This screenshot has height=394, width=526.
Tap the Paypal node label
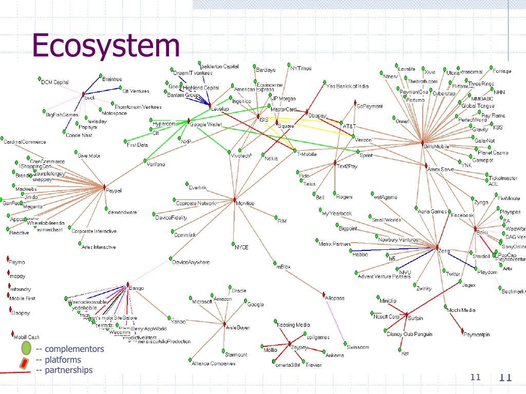(114, 191)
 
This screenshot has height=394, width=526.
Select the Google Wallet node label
(205, 125)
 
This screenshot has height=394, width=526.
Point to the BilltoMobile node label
(437, 147)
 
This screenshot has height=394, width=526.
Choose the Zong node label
(444, 251)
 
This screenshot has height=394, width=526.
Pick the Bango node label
(137, 288)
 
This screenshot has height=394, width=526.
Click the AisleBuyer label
(238, 327)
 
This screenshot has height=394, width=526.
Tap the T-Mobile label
(307, 154)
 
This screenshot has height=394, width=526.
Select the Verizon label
(363, 140)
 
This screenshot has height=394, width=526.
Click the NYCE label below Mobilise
(241, 247)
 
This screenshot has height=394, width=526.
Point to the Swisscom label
(358, 347)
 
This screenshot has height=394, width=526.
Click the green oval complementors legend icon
(27, 349)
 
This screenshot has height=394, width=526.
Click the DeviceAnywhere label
(191, 262)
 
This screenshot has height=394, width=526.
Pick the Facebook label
(462, 216)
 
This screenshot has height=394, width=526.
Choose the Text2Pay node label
(347, 167)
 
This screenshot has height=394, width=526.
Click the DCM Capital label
(55, 82)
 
